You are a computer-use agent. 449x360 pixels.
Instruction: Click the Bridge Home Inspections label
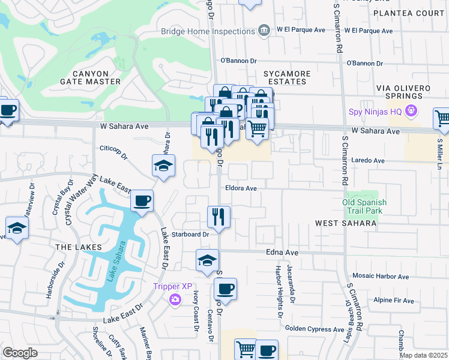208,31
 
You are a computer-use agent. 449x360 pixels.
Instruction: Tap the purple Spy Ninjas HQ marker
411,110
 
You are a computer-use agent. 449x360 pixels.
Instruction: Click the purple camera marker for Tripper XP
175,299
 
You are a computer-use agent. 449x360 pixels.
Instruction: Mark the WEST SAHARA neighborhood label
346,223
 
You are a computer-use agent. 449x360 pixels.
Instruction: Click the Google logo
20,352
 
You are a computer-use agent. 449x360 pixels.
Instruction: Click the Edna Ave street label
282,253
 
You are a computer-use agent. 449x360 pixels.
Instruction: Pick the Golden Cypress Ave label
314,329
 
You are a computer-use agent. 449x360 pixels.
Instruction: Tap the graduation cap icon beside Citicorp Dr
163,166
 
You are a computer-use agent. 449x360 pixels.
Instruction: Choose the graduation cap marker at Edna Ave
207,260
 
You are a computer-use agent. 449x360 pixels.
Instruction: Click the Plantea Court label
415,13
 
